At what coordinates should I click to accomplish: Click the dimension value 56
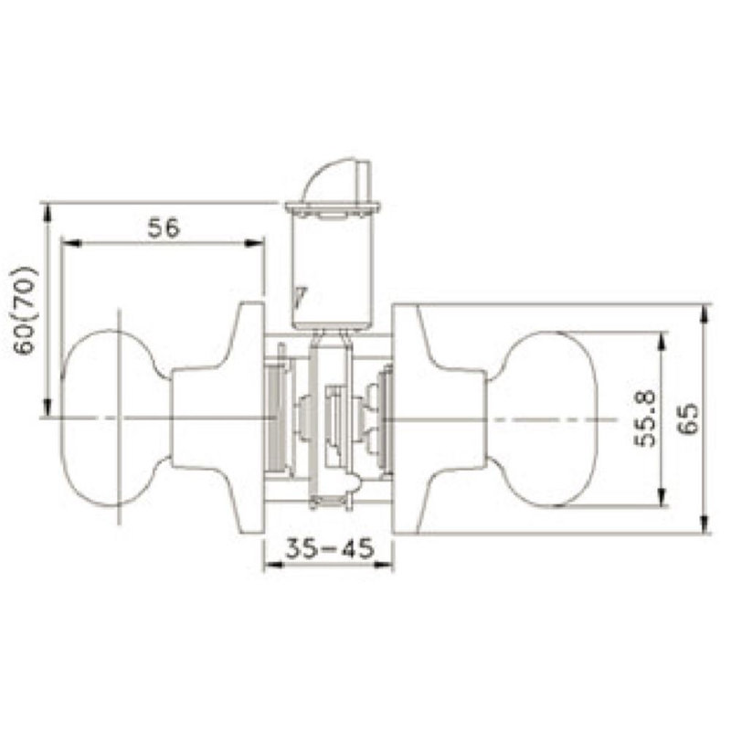[x=164, y=228]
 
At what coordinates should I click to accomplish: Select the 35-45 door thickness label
[x=329, y=548]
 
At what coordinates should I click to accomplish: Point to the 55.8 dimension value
[x=645, y=418]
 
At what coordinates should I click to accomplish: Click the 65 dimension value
[x=688, y=418]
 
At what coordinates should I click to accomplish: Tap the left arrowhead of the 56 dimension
[x=71, y=243]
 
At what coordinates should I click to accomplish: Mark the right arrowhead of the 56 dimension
[x=255, y=243]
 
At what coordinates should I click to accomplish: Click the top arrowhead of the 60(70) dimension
[x=47, y=214]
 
